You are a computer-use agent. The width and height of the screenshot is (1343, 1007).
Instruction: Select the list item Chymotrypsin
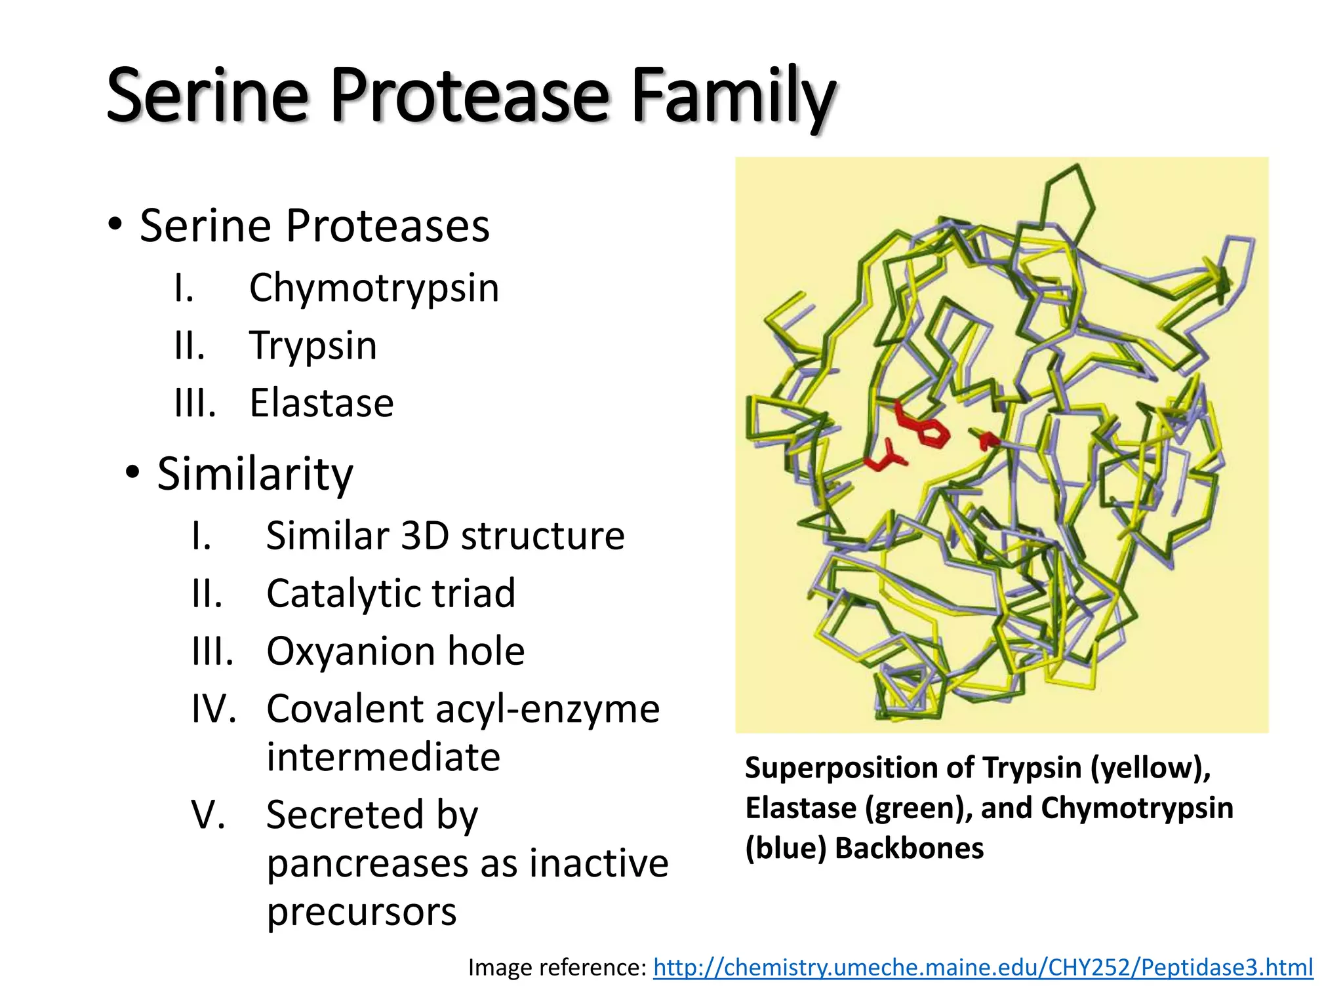[374, 288]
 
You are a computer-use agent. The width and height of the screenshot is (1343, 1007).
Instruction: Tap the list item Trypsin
[313, 346]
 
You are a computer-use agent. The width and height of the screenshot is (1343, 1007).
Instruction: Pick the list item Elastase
[321, 403]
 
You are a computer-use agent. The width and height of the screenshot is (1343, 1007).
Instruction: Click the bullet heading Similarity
[254, 473]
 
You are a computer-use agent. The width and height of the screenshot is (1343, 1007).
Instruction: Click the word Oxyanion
[350, 652]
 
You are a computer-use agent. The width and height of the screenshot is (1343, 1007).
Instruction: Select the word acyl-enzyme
[547, 709]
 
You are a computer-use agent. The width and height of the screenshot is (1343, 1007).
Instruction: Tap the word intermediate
[383, 757]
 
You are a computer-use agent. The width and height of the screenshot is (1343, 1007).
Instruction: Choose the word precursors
[361, 912]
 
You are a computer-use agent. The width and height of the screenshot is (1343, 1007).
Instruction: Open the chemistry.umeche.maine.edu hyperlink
[983, 968]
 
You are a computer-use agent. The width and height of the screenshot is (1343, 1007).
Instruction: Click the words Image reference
[557, 968]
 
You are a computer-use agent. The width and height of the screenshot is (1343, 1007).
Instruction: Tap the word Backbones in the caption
[909, 848]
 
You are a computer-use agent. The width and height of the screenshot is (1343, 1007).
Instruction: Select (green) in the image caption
[916, 808]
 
